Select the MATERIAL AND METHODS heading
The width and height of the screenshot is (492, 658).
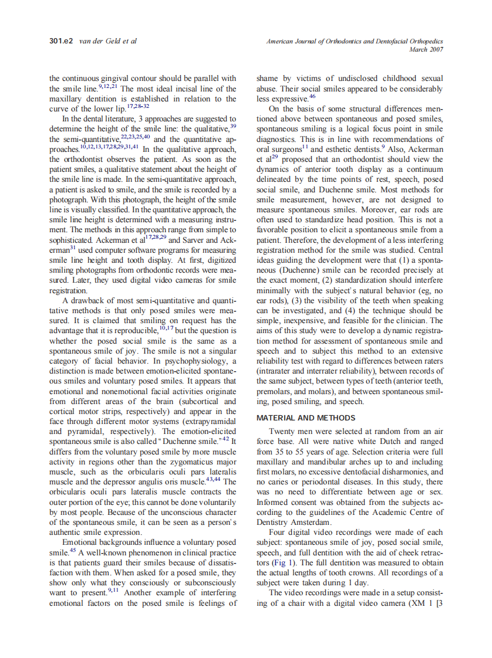pos(305,418)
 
